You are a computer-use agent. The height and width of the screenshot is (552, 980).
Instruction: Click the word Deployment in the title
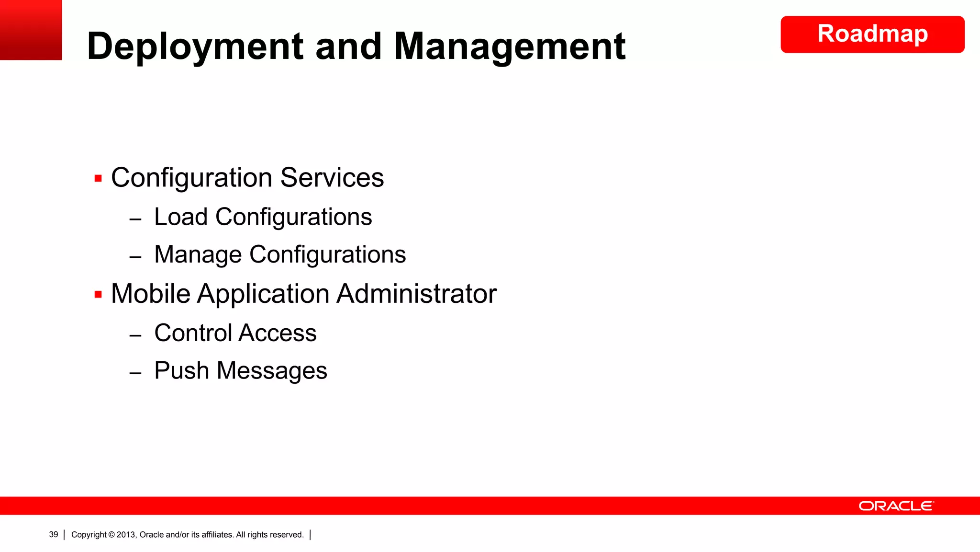pos(195,46)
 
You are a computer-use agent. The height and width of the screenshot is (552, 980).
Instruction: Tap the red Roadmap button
pos(872,34)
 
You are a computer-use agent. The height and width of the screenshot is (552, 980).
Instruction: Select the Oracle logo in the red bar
pos(896,506)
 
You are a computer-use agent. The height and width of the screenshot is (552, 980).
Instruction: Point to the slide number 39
pos(54,534)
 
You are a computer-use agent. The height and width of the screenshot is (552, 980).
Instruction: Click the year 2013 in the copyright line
pos(126,535)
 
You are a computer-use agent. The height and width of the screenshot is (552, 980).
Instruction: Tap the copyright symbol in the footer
pos(111,535)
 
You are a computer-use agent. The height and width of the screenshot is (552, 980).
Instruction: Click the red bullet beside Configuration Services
pos(98,179)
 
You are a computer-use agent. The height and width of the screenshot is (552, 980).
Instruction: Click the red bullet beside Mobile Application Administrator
pos(98,294)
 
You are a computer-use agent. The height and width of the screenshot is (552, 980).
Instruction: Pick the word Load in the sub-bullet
pos(180,217)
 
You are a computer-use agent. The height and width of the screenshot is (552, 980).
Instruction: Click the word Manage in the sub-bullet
pos(198,254)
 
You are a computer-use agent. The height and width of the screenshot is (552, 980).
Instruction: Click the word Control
pos(193,333)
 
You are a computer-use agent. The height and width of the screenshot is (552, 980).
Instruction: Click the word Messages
pos(271,371)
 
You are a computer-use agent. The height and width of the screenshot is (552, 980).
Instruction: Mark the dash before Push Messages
pos(135,372)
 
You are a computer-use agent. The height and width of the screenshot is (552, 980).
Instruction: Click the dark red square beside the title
pos(31,30)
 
